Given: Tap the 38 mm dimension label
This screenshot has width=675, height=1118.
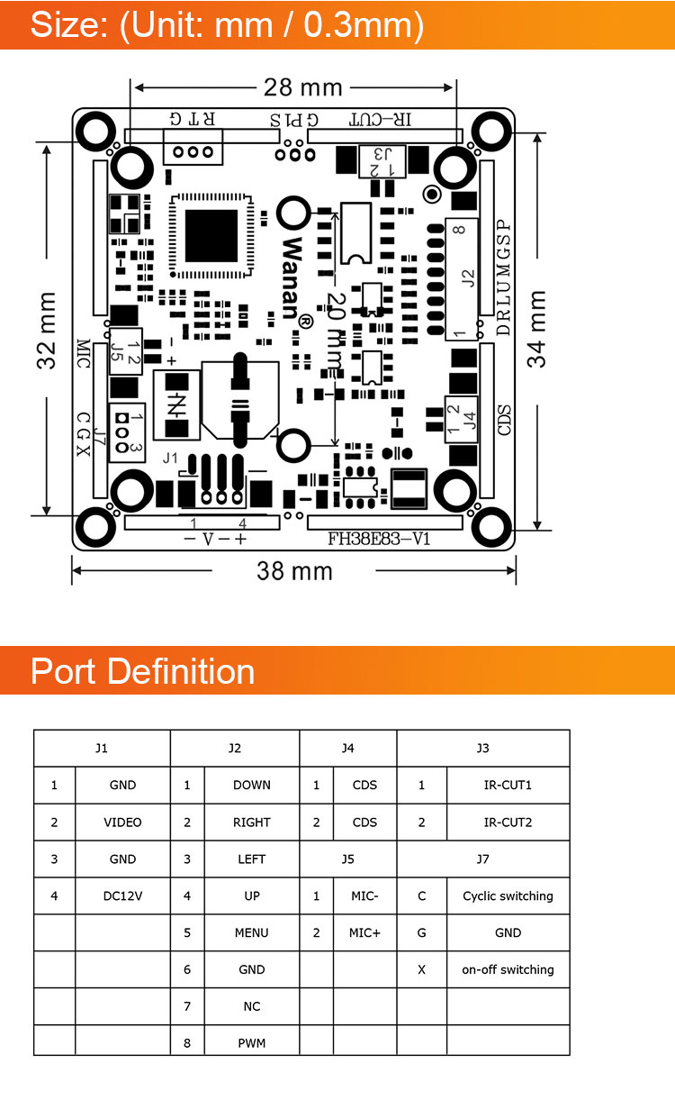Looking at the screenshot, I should tap(294, 571).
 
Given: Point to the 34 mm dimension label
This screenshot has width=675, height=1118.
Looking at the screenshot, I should tap(537, 328).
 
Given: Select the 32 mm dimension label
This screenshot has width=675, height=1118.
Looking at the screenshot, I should tap(46, 330).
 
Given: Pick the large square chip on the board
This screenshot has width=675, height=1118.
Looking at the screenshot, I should tap(211, 236).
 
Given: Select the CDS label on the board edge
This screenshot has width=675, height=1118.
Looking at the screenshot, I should tap(505, 421).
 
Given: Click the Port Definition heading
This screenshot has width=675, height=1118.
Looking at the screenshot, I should tap(142, 672).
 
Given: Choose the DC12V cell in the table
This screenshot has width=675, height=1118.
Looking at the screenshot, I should tap(122, 896).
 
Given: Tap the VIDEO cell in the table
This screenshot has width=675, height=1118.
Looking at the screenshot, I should tap(122, 823).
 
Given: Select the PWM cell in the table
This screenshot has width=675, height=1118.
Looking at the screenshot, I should tap(252, 1044).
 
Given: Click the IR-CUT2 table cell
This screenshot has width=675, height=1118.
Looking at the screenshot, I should tap(508, 823).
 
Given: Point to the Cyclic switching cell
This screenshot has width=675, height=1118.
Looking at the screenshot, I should tap(508, 896).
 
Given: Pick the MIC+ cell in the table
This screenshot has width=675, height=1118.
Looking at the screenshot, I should tap(364, 933).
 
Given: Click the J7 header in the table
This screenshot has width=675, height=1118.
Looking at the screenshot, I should tap(483, 859).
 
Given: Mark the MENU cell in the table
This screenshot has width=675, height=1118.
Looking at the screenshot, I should tap(252, 933).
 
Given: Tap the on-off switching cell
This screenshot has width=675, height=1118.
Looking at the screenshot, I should tap(508, 970).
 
